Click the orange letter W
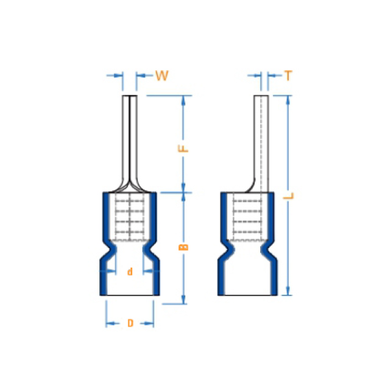point(162,76)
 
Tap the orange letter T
point(288,76)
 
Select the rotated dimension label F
point(183,149)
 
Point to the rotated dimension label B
point(183,247)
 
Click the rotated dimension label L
point(288,196)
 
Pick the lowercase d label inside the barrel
point(130,272)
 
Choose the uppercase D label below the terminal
point(130,323)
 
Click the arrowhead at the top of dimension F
point(183,99)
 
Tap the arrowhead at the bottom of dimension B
point(183,299)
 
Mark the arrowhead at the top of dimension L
point(288,100)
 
